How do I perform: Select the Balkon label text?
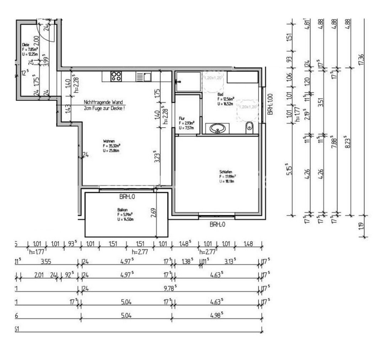122,210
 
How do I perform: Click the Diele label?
25,45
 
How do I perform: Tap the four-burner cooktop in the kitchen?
116,76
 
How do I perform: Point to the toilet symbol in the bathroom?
249,126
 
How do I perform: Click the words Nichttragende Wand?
103,102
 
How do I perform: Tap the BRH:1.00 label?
270,104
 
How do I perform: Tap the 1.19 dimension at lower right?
361,225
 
